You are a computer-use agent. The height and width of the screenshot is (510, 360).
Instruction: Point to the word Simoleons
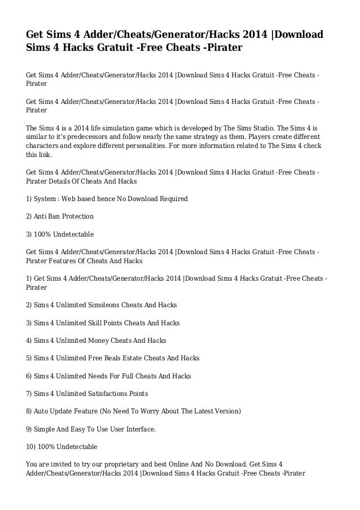106,305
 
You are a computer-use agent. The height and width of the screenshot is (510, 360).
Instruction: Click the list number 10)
32,446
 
